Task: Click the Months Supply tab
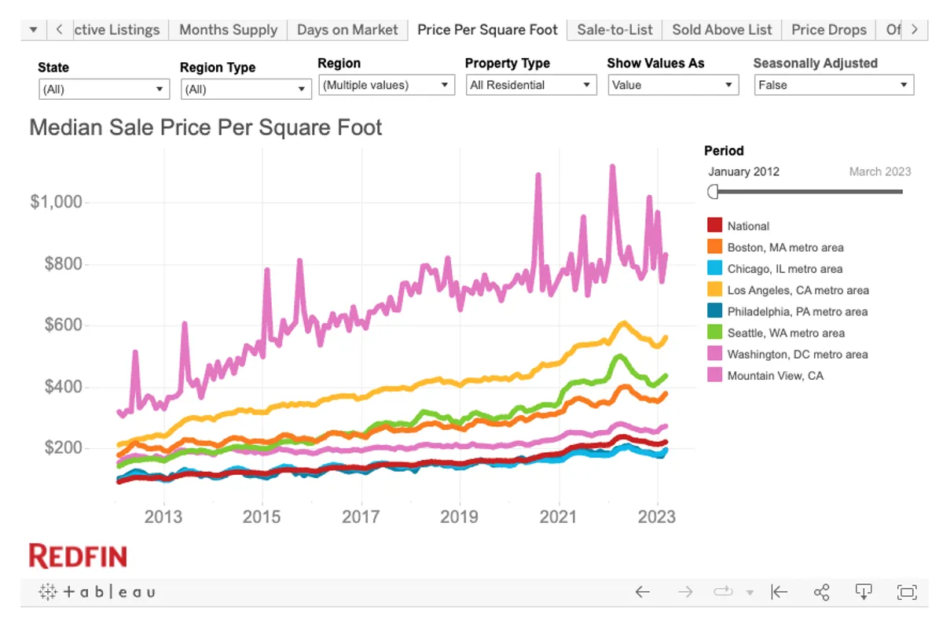point(228,30)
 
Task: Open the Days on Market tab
point(347,30)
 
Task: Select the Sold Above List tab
point(722,30)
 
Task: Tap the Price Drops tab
point(828,30)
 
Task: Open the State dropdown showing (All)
point(104,90)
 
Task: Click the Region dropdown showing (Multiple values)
point(386,85)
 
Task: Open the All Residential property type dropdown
point(530,85)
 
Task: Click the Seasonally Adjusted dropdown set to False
point(833,85)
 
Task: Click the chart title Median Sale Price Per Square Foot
point(206,127)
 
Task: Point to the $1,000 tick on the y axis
point(56,202)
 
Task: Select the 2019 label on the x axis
point(459,517)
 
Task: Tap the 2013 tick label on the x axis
point(163,517)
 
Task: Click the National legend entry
point(748,226)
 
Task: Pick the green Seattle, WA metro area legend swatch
point(714,333)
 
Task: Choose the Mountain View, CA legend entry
point(775,376)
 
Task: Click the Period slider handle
point(713,191)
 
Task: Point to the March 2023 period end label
point(879,171)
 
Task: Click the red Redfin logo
point(78,556)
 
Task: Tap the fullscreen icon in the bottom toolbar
point(906,592)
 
